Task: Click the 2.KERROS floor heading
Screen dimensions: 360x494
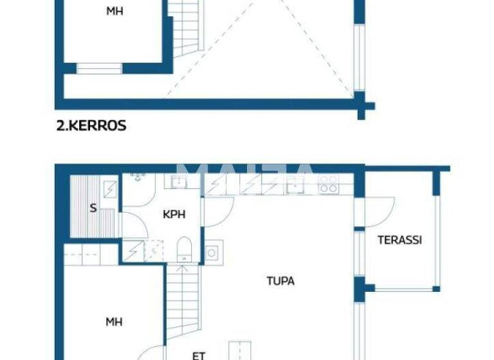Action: [91, 126]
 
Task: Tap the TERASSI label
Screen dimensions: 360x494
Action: [399, 240]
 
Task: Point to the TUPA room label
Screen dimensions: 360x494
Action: [280, 281]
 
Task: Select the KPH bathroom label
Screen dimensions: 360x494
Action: [174, 214]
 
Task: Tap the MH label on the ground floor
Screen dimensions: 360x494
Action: [114, 321]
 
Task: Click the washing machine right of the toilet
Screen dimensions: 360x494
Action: [212, 252]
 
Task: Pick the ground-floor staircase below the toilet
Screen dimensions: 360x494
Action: [185, 302]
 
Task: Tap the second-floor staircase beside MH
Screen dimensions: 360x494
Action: [187, 29]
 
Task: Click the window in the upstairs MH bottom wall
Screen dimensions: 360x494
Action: [99, 68]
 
